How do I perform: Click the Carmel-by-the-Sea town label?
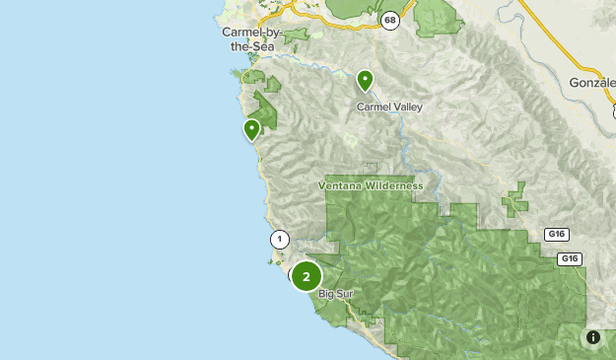click(252, 38)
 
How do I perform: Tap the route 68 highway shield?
click(391, 19)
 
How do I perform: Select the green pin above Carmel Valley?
click(365, 80)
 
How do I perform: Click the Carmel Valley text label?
click(387, 106)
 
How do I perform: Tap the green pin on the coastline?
click(251, 129)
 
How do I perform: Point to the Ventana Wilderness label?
click(371, 185)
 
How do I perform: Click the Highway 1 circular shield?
click(279, 239)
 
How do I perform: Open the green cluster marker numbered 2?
click(307, 277)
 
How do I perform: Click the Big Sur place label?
click(335, 294)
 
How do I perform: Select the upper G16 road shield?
click(556, 235)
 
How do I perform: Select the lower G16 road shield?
click(569, 258)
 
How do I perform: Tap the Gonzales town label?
click(591, 83)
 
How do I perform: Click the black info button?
click(593, 337)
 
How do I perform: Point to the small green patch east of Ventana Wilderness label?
click(514, 200)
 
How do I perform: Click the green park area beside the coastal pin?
click(267, 110)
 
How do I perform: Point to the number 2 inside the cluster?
click(307, 277)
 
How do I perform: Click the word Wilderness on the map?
click(391, 185)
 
